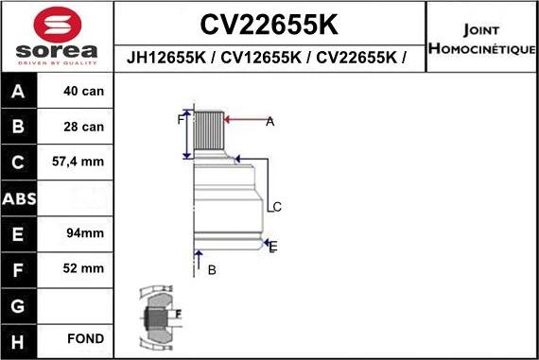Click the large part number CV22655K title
pos(270,23)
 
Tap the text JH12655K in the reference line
pos(166,59)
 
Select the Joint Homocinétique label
pos(481,39)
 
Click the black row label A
pos(20,92)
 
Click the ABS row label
pos(20,197)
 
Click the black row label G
pos(20,303)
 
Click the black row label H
pos(20,338)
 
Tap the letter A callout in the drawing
pos(269,121)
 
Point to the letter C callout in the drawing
pos(277,206)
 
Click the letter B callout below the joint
pos(212,270)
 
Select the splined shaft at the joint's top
pos(208,132)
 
